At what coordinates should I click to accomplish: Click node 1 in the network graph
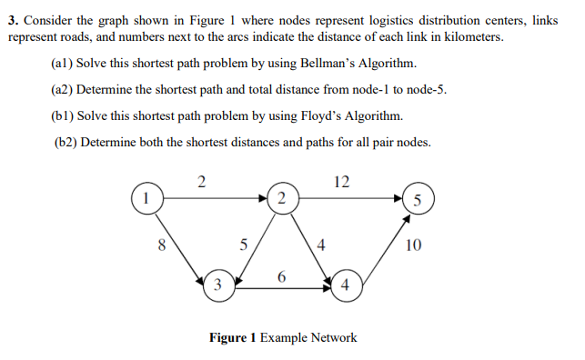[144, 195]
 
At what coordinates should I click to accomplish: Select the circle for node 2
[282, 197]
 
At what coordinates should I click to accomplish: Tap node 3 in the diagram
[217, 285]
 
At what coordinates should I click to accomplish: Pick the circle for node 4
[346, 285]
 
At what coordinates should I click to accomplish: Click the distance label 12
[341, 180]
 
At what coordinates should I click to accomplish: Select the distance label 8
[162, 244]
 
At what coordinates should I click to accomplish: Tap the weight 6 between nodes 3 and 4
[282, 275]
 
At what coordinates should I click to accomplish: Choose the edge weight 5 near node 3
[242, 244]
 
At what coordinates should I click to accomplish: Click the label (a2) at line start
[64, 90]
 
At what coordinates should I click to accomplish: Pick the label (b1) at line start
[64, 116]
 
